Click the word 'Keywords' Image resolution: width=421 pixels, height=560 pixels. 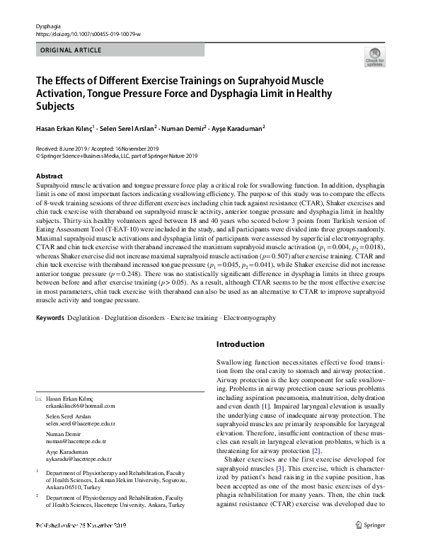[50, 319]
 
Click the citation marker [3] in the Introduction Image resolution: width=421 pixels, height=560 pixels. [280, 468]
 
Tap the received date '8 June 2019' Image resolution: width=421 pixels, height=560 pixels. [71, 149]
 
